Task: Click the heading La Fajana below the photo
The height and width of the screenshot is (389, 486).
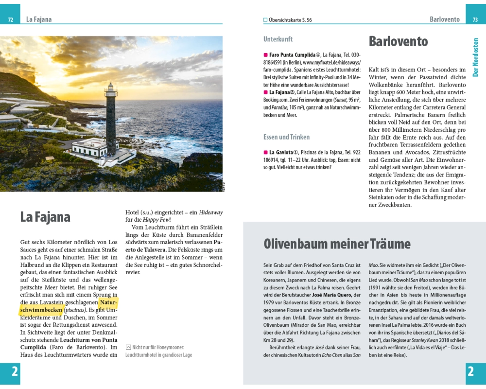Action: (x=45, y=217)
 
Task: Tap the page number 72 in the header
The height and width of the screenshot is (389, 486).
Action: (x=10, y=20)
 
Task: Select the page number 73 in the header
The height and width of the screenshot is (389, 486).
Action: (x=475, y=20)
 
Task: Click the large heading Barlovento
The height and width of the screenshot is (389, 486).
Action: (x=398, y=42)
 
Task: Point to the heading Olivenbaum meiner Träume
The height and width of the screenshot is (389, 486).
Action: (x=337, y=244)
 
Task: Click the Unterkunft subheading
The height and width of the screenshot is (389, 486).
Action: (x=278, y=39)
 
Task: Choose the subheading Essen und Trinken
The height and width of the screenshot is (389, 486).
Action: (x=286, y=137)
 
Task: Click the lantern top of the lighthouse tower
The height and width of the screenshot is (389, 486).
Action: (x=111, y=89)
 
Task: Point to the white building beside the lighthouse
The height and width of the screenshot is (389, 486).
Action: (x=90, y=145)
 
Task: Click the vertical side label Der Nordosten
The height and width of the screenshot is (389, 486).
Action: (x=476, y=57)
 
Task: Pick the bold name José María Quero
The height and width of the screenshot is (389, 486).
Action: (x=331, y=295)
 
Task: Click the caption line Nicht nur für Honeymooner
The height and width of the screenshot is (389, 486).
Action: (x=158, y=347)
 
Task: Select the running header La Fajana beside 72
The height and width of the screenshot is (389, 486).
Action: (x=39, y=19)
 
